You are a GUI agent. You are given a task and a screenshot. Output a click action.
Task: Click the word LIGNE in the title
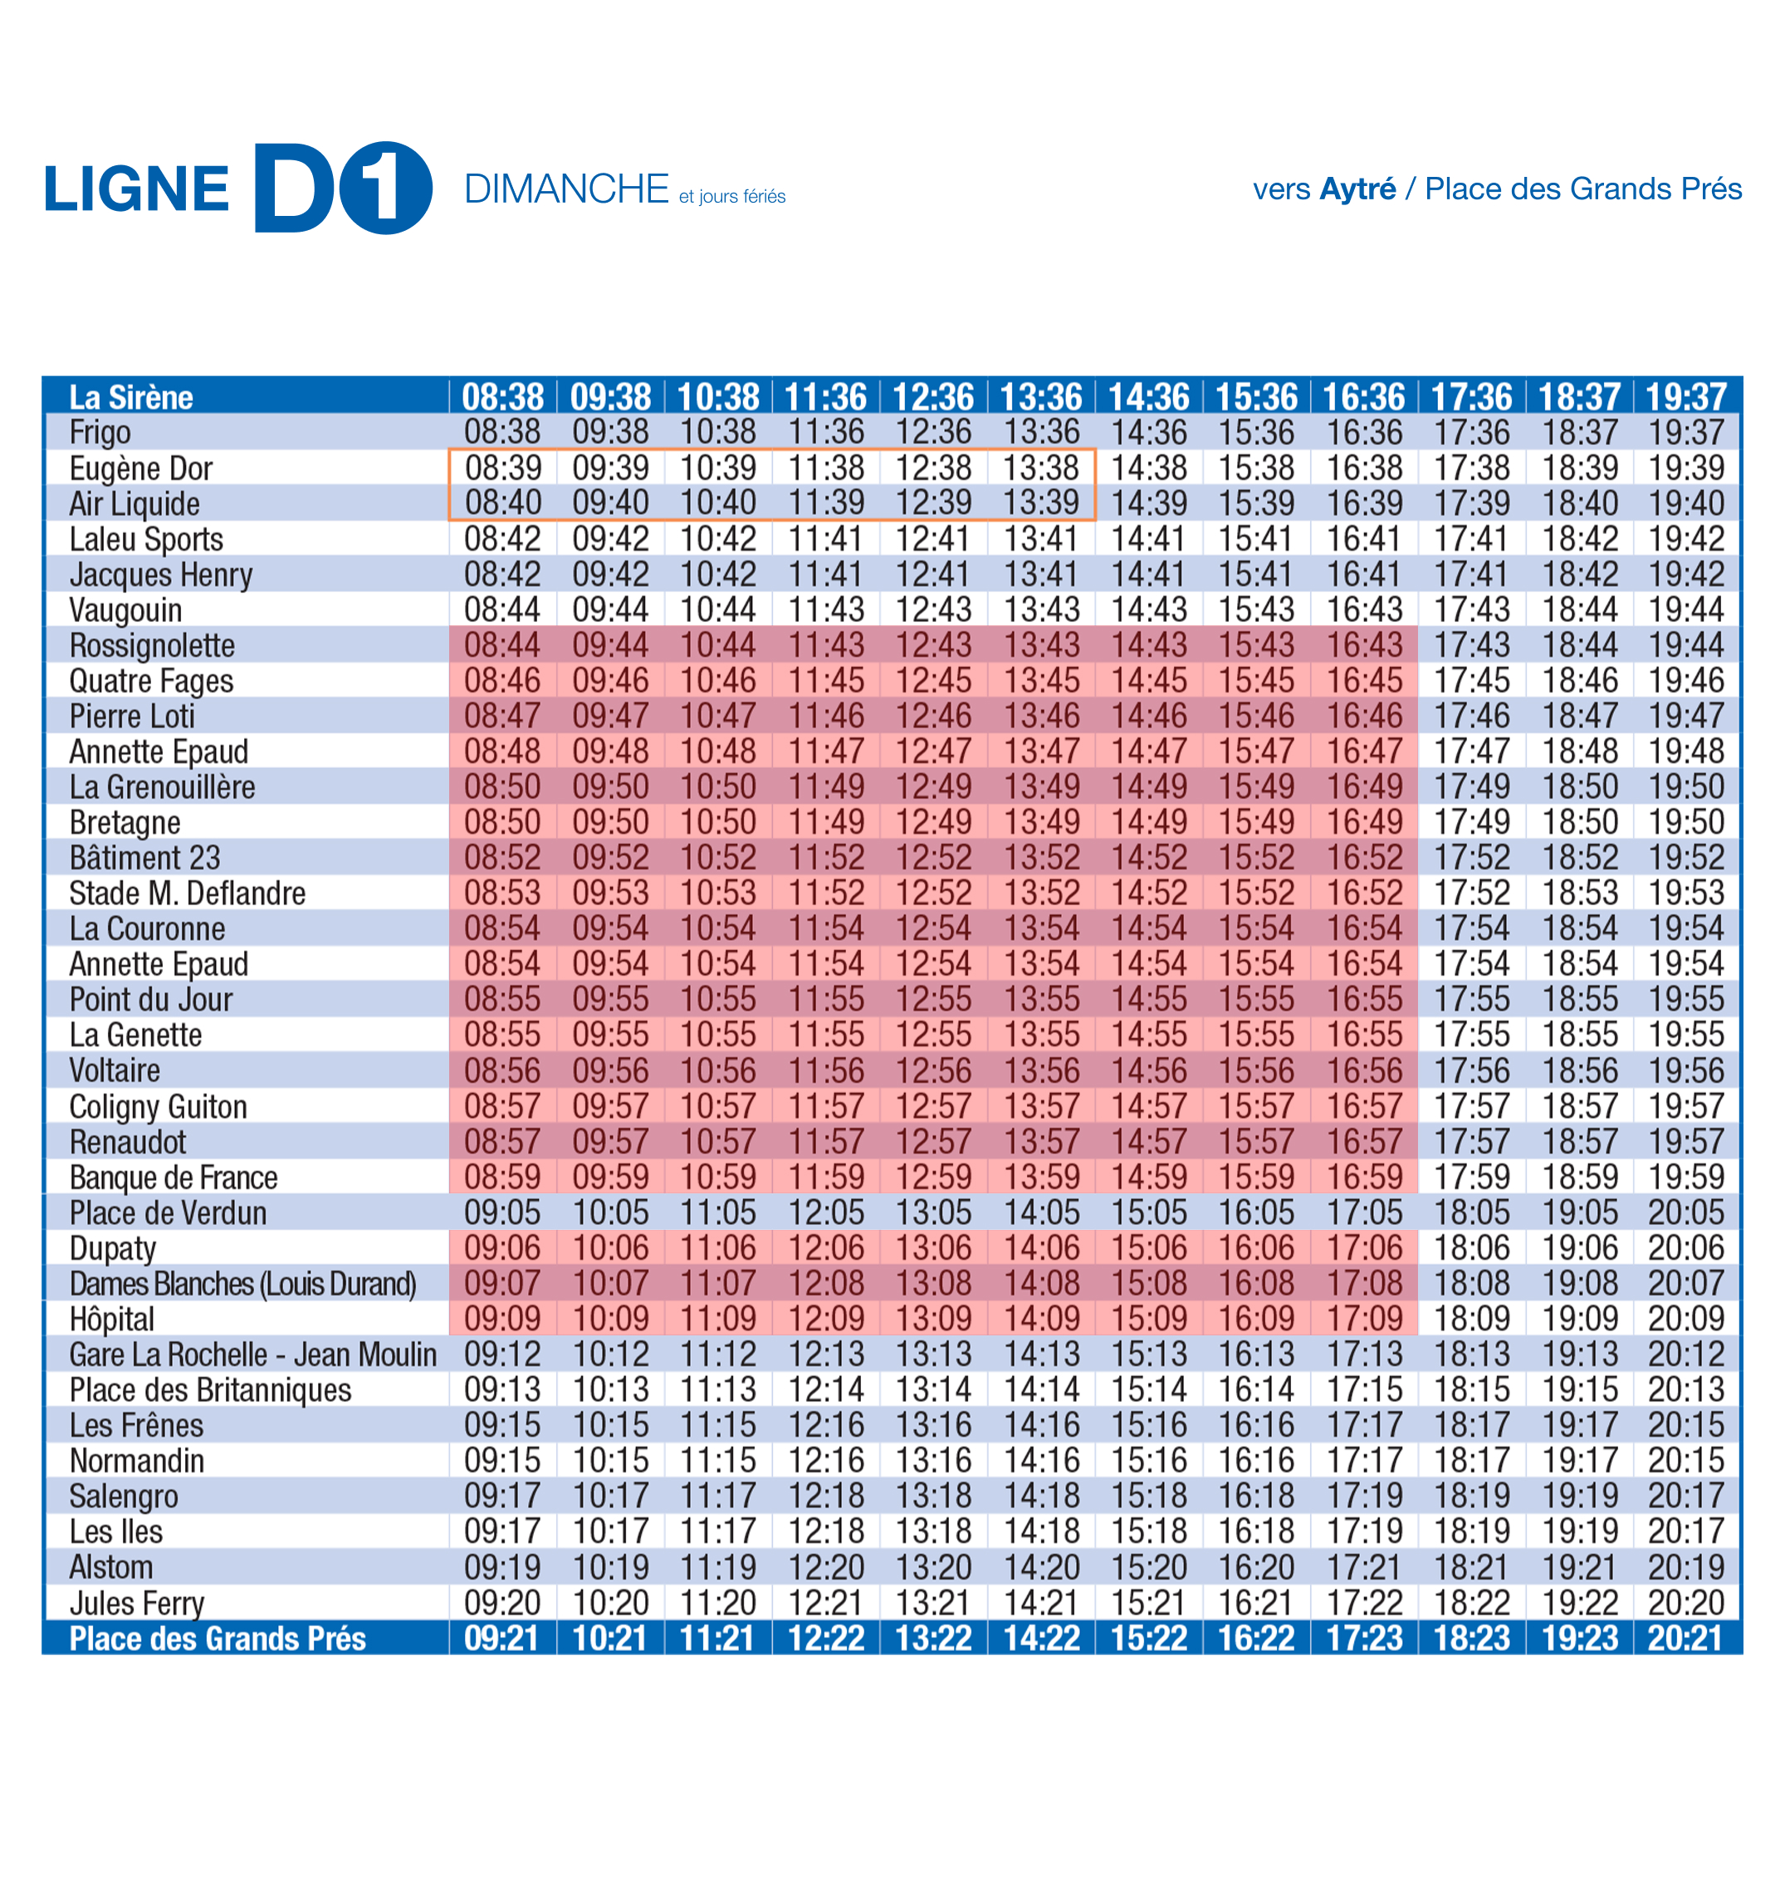point(136,189)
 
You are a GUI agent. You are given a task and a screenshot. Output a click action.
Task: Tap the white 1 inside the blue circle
point(384,189)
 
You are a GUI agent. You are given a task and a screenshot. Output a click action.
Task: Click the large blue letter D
point(295,188)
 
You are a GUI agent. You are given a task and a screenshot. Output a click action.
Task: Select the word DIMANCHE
point(566,189)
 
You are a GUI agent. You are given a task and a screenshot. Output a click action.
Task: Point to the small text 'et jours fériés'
point(731,196)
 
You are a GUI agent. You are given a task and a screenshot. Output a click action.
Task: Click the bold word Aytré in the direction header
point(1357,189)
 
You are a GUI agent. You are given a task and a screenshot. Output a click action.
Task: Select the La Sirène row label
point(131,397)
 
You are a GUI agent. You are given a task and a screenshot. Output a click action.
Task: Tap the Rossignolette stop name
point(152,645)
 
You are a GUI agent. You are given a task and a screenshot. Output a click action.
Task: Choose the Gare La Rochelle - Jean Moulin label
point(253,1354)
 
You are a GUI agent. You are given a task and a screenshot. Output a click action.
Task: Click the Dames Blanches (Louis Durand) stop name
point(242,1284)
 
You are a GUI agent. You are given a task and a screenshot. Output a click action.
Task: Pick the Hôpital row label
point(111,1319)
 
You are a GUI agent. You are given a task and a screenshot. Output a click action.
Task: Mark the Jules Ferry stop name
point(137,1604)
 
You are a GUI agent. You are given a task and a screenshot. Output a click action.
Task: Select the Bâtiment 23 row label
point(144,857)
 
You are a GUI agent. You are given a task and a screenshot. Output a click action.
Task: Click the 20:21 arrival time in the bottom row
point(1686,1639)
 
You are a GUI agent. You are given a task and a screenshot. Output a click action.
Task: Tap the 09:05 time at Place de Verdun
point(502,1212)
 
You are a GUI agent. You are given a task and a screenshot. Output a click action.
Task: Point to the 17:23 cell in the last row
point(1364,1639)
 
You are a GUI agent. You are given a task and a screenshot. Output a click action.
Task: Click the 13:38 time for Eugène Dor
point(1041,468)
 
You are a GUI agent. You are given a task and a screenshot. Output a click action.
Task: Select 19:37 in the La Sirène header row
point(1686,397)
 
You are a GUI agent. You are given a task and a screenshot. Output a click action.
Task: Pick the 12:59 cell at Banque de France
point(933,1177)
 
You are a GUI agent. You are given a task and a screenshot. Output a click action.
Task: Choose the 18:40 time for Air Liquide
point(1579,502)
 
